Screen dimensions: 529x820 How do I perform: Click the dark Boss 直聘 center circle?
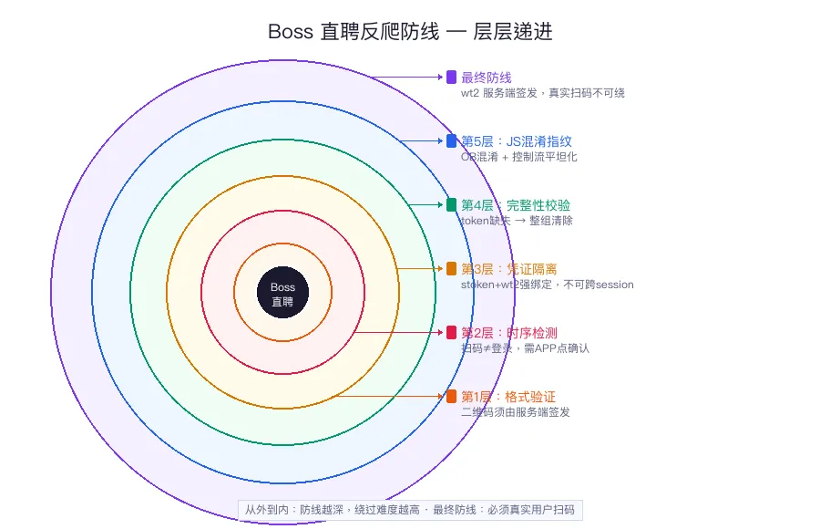pyautogui.click(x=282, y=294)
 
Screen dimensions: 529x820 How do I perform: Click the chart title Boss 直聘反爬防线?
pyautogui.click(x=410, y=32)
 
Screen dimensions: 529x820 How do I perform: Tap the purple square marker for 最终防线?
pyautogui.click(x=452, y=78)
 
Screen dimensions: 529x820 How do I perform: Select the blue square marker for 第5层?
pyautogui.click(x=452, y=140)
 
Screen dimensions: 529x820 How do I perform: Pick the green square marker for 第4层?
pyautogui.click(x=452, y=204)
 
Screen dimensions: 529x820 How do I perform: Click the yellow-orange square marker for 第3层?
pyautogui.click(x=452, y=268)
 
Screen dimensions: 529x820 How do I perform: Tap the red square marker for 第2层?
pyautogui.click(x=452, y=332)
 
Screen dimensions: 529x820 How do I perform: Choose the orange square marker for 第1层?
pyautogui.click(x=452, y=396)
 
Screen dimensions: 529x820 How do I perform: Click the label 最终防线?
pyautogui.click(x=487, y=78)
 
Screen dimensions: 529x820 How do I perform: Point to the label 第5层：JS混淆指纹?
pyautogui.click(x=517, y=141)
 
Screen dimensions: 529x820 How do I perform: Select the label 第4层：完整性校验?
pyautogui.click(x=516, y=205)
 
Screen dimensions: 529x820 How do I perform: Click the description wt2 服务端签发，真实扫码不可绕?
pyautogui.click(x=542, y=93)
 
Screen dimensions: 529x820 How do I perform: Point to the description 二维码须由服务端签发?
pyautogui.click(x=516, y=412)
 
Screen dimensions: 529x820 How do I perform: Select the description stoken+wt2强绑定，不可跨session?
pyautogui.click(x=547, y=285)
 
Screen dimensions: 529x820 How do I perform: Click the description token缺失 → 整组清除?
pyautogui.click(x=517, y=221)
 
